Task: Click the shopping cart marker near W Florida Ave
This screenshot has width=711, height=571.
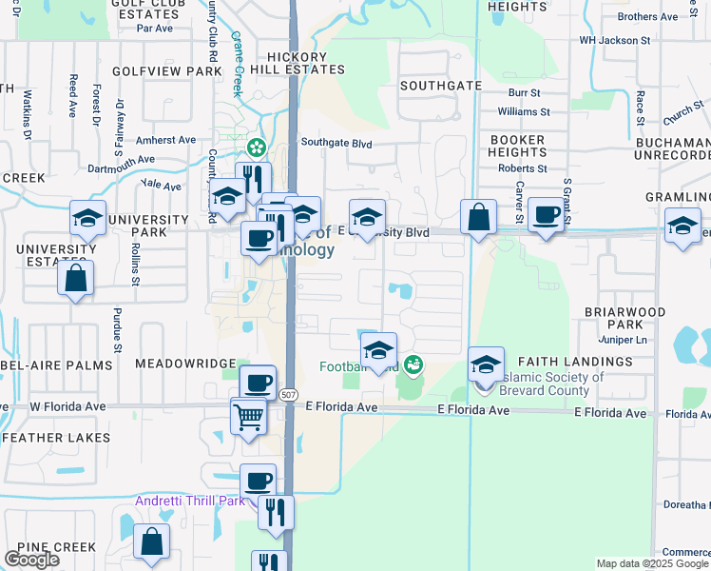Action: [248, 415]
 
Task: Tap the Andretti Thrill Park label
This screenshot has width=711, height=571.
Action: [189, 501]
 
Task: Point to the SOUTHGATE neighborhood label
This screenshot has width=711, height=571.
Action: [440, 86]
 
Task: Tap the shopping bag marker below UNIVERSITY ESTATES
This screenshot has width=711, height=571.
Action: [75, 279]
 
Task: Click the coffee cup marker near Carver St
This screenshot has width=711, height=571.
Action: [546, 215]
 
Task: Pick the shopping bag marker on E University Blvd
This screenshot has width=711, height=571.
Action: [478, 216]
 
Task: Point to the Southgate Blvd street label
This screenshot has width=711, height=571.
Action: [336, 144]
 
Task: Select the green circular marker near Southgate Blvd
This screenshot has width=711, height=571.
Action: [255, 148]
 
